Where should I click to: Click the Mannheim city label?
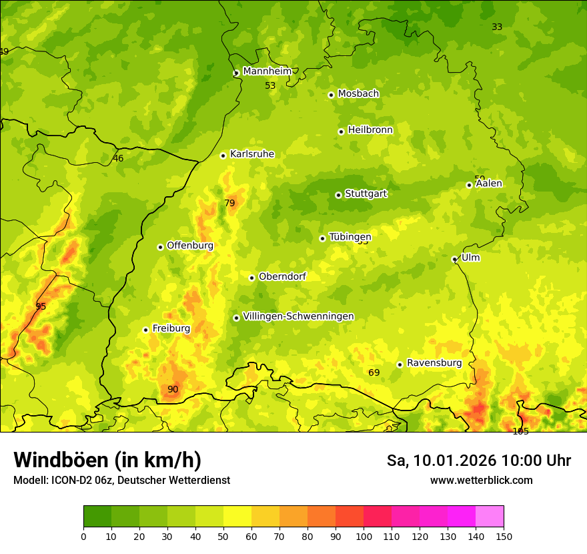pos(267,71)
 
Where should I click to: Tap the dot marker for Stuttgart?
pos(338,195)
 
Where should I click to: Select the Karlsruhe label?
pos(251,154)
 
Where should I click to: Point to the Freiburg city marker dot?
pos(145,330)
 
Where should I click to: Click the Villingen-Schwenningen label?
pos(298,316)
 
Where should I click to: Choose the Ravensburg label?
pos(434,363)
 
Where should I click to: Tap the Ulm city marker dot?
pos(454,259)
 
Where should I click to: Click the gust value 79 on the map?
pos(229,203)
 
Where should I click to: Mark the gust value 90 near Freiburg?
pos(173,389)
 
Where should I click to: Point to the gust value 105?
pos(520,431)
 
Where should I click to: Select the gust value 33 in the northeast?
pos(497,27)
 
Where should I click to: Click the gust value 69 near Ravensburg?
pos(374,372)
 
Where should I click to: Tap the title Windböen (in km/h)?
pos(107,460)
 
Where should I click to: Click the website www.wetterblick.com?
pos(481,480)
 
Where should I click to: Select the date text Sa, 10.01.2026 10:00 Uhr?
pos(478,461)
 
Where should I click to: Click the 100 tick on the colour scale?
pos(364,536)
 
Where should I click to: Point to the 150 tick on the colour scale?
pos(504,536)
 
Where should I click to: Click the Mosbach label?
pos(358,94)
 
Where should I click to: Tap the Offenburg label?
pos(189,246)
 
